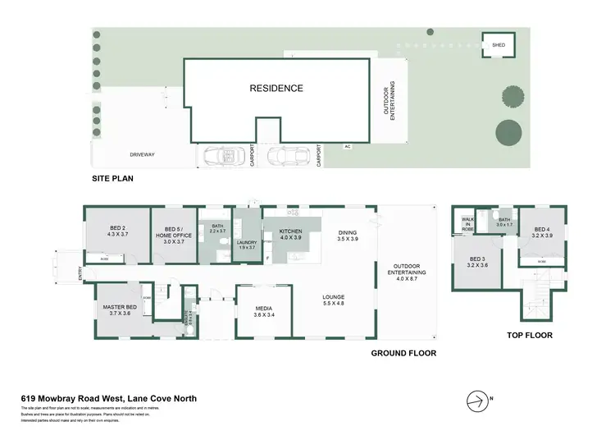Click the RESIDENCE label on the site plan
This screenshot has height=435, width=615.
pyautogui.click(x=276, y=89)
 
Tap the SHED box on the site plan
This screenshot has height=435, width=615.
pyautogui.click(x=497, y=46)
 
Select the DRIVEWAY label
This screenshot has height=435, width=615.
pyautogui.click(x=142, y=154)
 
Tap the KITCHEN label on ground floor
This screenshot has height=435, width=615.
pyautogui.click(x=291, y=235)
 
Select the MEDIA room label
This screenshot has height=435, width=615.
pyautogui.click(x=264, y=311)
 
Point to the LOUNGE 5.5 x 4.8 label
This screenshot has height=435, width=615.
pyautogui.click(x=333, y=300)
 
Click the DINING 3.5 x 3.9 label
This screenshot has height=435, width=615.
pyautogui.click(x=348, y=236)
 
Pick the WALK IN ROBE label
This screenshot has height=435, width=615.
pyautogui.click(x=467, y=224)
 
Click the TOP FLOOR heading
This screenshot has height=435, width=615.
pyautogui.click(x=529, y=335)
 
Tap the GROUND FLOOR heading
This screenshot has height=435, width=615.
pyautogui.click(x=403, y=353)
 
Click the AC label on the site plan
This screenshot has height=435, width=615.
pyautogui.click(x=348, y=145)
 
